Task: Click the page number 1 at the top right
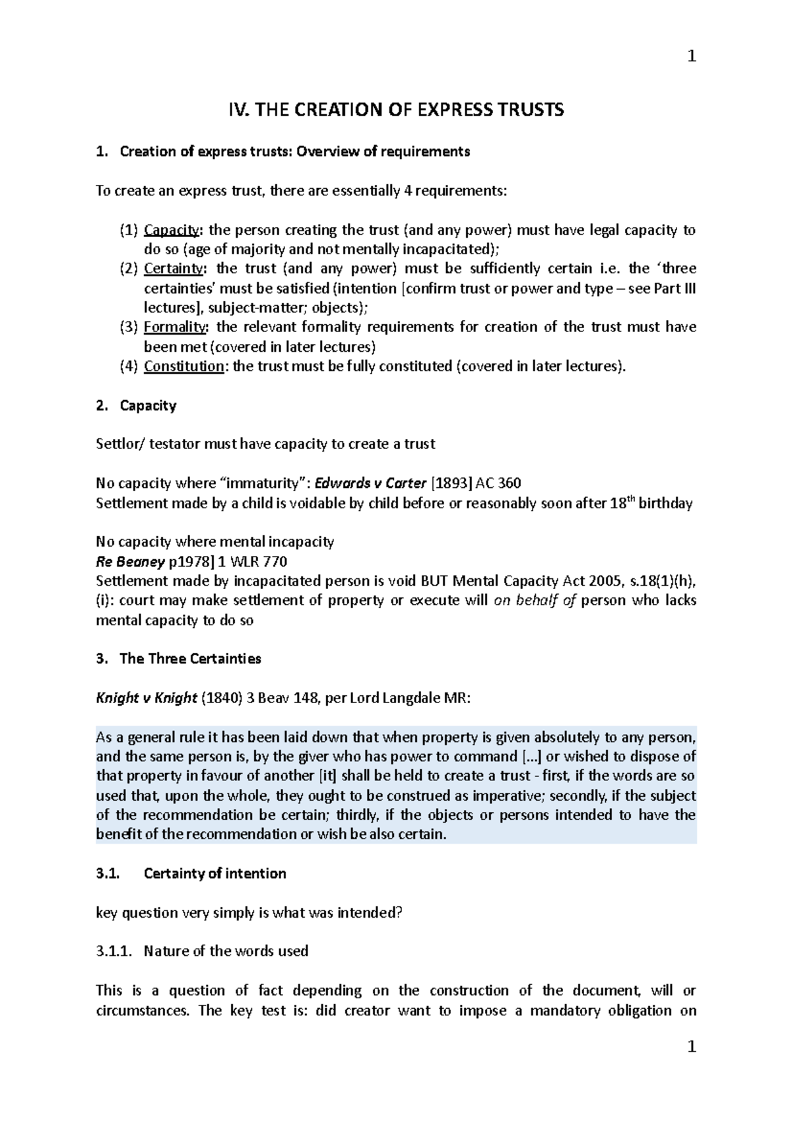click(x=691, y=57)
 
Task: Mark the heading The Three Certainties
click(x=190, y=659)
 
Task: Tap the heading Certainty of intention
click(x=214, y=873)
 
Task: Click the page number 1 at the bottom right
click(x=691, y=1047)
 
